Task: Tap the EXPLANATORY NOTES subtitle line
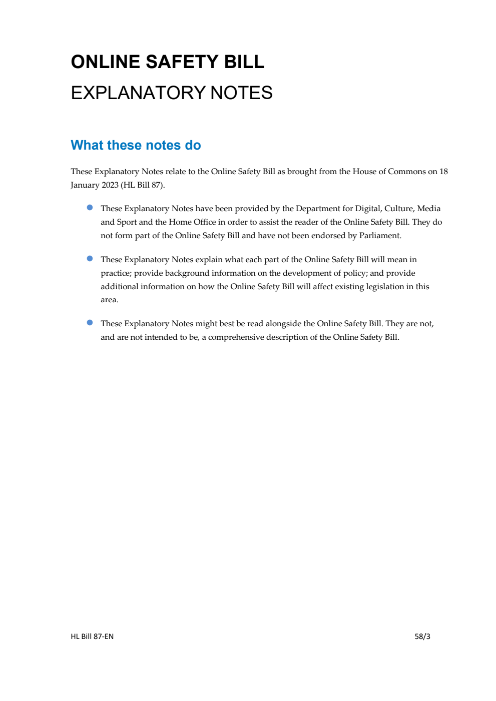pyautogui.click(x=172, y=93)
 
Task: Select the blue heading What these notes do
pyautogui.click(x=136, y=145)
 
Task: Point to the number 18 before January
pyautogui.click(x=443, y=172)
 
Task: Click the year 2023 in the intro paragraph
pyautogui.click(x=110, y=185)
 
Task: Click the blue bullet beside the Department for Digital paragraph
pyautogui.click(x=90, y=208)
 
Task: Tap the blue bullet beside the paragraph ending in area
pyautogui.click(x=90, y=259)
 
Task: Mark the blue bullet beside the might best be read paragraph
pyautogui.click(x=90, y=323)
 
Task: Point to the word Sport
pyautogui.click(x=127, y=222)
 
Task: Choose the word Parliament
pyautogui.click(x=380, y=236)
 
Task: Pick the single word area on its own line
pyautogui.click(x=109, y=300)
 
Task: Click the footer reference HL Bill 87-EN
pyautogui.click(x=92, y=636)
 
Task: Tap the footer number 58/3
pyautogui.click(x=422, y=636)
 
